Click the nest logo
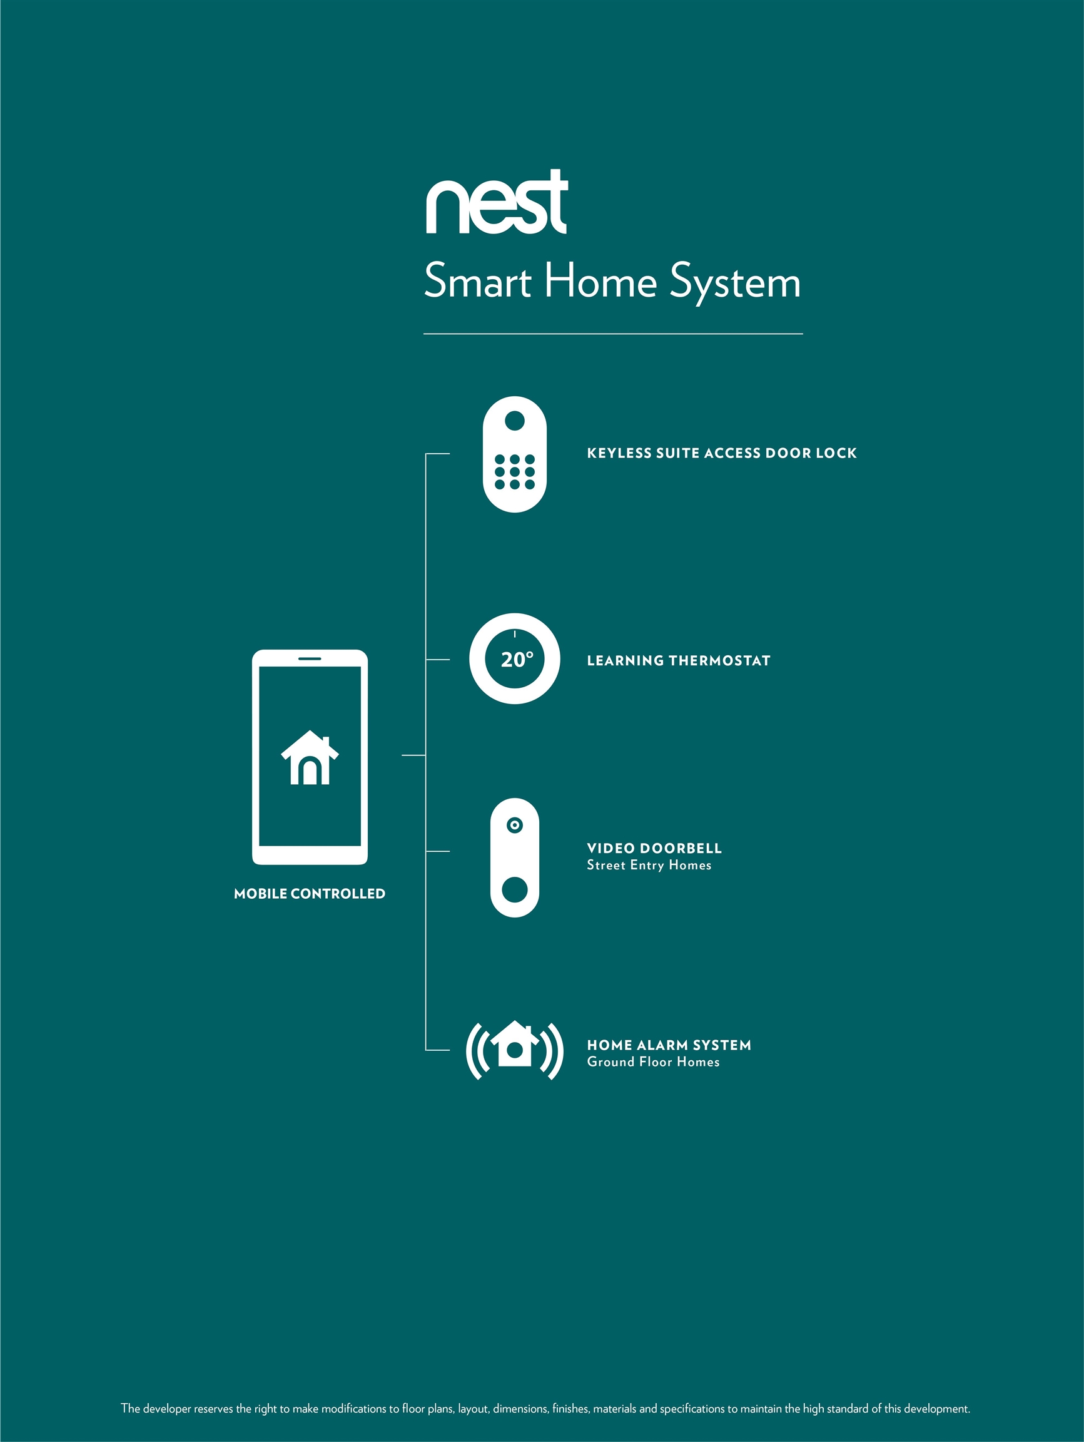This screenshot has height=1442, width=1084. (x=497, y=202)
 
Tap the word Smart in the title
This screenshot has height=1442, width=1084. (x=477, y=281)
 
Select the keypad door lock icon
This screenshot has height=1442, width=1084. (x=515, y=454)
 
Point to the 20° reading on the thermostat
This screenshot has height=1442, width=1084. (x=517, y=660)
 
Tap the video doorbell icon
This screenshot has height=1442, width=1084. (x=515, y=857)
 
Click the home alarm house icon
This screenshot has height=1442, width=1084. (x=515, y=1044)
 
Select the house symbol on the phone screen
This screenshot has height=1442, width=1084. (x=310, y=757)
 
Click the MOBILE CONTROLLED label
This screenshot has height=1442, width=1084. (x=310, y=894)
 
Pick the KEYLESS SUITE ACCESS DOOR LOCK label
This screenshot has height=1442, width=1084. (x=722, y=453)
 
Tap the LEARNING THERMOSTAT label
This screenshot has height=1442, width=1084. (x=679, y=661)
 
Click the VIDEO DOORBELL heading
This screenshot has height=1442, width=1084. (x=654, y=848)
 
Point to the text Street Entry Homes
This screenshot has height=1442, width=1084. (x=649, y=865)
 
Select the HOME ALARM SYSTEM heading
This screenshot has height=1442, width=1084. (x=669, y=1045)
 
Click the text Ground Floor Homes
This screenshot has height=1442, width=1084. (x=654, y=1062)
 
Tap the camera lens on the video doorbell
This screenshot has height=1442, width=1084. (x=515, y=826)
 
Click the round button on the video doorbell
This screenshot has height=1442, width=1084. (x=515, y=890)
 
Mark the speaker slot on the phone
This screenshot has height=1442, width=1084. (x=310, y=658)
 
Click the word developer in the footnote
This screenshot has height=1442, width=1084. (x=167, y=1409)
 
